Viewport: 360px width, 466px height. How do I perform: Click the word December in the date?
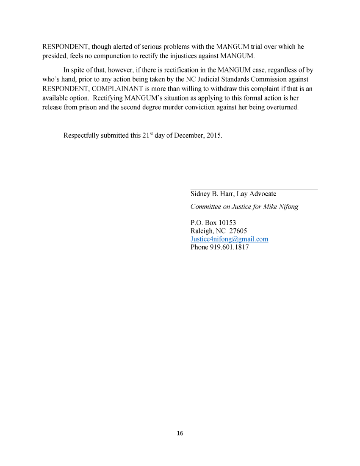click(x=185, y=136)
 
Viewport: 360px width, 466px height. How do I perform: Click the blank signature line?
click(x=254, y=189)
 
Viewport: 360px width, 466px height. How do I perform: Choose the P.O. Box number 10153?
click(x=227, y=223)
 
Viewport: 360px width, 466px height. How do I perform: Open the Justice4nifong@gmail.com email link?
click(x=229, y=239)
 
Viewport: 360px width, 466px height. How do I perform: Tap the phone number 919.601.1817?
click(x=229, y=247)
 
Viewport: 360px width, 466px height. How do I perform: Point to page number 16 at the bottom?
click(x=180, y=433)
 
